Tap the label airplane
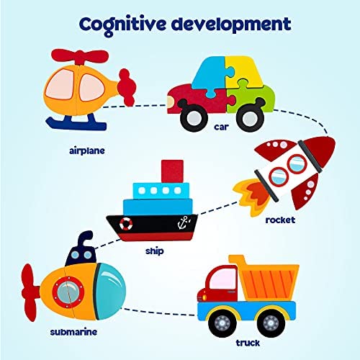coord(87,151)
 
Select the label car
coord(221,127)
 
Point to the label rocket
coord(280,220)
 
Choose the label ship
coord(155,251)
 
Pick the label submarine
coord(73,332)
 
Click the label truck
coord(248,343)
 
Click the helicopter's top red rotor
coord(80,56)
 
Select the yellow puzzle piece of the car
coord(243,71)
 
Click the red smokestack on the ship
coord(172,171)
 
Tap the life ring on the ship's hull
coord(126,223)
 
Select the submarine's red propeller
coord(30,293)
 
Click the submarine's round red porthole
coord(68,292)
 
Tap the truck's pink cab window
coord(222,279)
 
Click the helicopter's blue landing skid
coord(76,122)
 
